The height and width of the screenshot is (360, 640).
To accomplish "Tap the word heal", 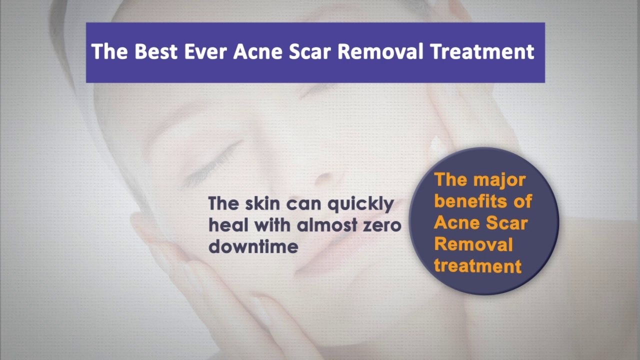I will tap(228, 225).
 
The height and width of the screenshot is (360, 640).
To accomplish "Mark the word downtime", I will tap(253, 246).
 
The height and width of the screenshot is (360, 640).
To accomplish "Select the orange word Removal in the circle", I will tap(473, 244).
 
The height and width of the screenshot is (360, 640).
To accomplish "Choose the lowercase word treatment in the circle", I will tap(477, 265).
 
